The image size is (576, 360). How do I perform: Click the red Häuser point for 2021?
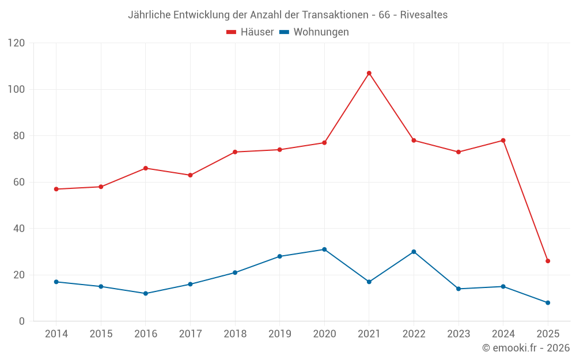pos(369,73)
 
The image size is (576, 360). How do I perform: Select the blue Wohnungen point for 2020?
pos(324,249)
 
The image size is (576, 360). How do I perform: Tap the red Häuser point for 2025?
pos(548,261)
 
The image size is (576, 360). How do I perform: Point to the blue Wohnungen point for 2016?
pos(146,293)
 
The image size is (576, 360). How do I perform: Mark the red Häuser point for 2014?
pos(56,189)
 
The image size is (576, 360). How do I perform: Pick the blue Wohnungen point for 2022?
pos(414,252)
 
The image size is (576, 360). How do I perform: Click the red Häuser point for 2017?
pos(190,175)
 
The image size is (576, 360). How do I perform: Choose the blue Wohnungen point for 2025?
pos(548,302)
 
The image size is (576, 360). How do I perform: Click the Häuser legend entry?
pos(257,32)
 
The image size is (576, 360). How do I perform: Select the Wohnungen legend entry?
pos(321,32)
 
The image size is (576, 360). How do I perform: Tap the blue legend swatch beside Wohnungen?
pos(284,32)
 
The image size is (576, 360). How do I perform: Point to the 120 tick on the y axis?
pos(17,43)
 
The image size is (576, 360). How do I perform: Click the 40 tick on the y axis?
pos(20,229)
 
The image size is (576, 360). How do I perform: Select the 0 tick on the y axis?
pos(22,321)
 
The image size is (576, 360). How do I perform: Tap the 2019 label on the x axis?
pos(279,334)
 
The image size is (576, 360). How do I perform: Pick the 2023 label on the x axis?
pos(458,334)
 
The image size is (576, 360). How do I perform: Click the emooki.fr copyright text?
pos(526,348)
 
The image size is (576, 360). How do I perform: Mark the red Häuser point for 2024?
pos(503,141)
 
